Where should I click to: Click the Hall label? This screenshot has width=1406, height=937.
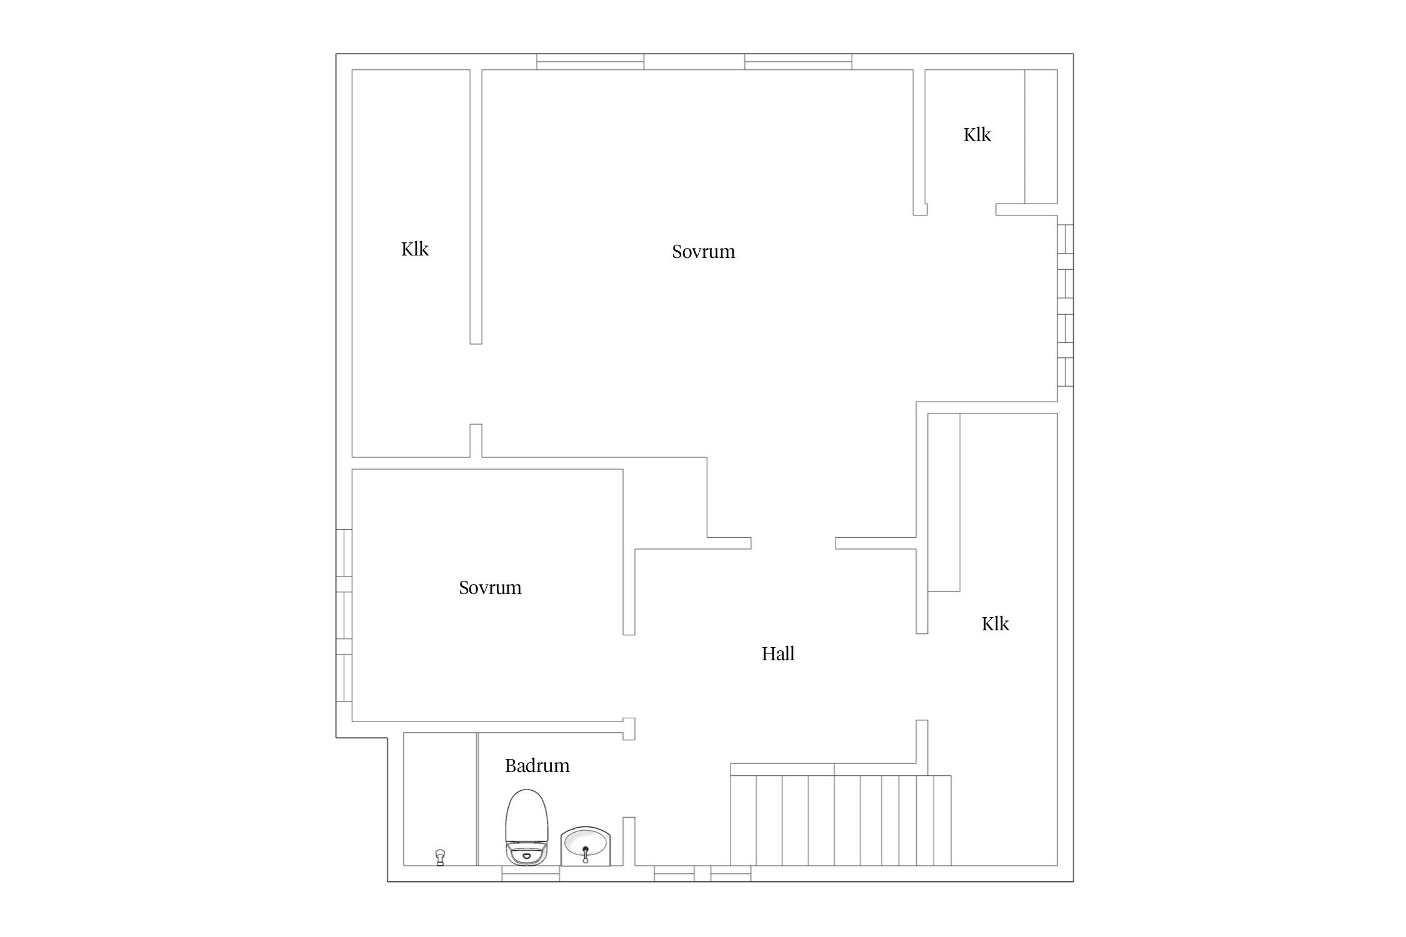tap(778, 654)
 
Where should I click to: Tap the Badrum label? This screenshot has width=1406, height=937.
tap(537, 766)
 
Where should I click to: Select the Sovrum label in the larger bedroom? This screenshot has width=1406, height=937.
tap(704, 252)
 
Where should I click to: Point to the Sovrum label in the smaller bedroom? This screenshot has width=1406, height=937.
tap(490, 588)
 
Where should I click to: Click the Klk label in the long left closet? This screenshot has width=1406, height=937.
tap(415, 249)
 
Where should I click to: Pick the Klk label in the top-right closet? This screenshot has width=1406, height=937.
tap(977, 135)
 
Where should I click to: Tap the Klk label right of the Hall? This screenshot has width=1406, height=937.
tap(995, 624)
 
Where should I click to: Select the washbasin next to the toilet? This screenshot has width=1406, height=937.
tap(586, 846)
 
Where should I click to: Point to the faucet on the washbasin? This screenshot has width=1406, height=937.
tap(586, 853)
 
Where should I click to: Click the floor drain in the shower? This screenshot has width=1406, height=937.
tap(440, 857)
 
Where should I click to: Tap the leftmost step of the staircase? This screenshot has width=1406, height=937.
tap(744, 821)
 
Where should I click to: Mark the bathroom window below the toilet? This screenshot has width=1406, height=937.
tap(531, 874)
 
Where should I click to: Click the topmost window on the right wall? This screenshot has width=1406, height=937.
tap(1065, 239)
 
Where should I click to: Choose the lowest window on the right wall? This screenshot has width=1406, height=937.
tap(1065, 372)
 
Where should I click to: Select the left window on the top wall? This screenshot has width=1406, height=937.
tap(591, 62)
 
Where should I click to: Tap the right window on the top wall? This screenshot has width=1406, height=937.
tap(798, 62)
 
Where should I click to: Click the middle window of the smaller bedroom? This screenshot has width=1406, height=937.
tap(344, 615)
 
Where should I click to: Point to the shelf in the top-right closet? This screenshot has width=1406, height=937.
tap(1041, 137)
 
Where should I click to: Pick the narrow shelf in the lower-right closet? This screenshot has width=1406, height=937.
tap(944, 502)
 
